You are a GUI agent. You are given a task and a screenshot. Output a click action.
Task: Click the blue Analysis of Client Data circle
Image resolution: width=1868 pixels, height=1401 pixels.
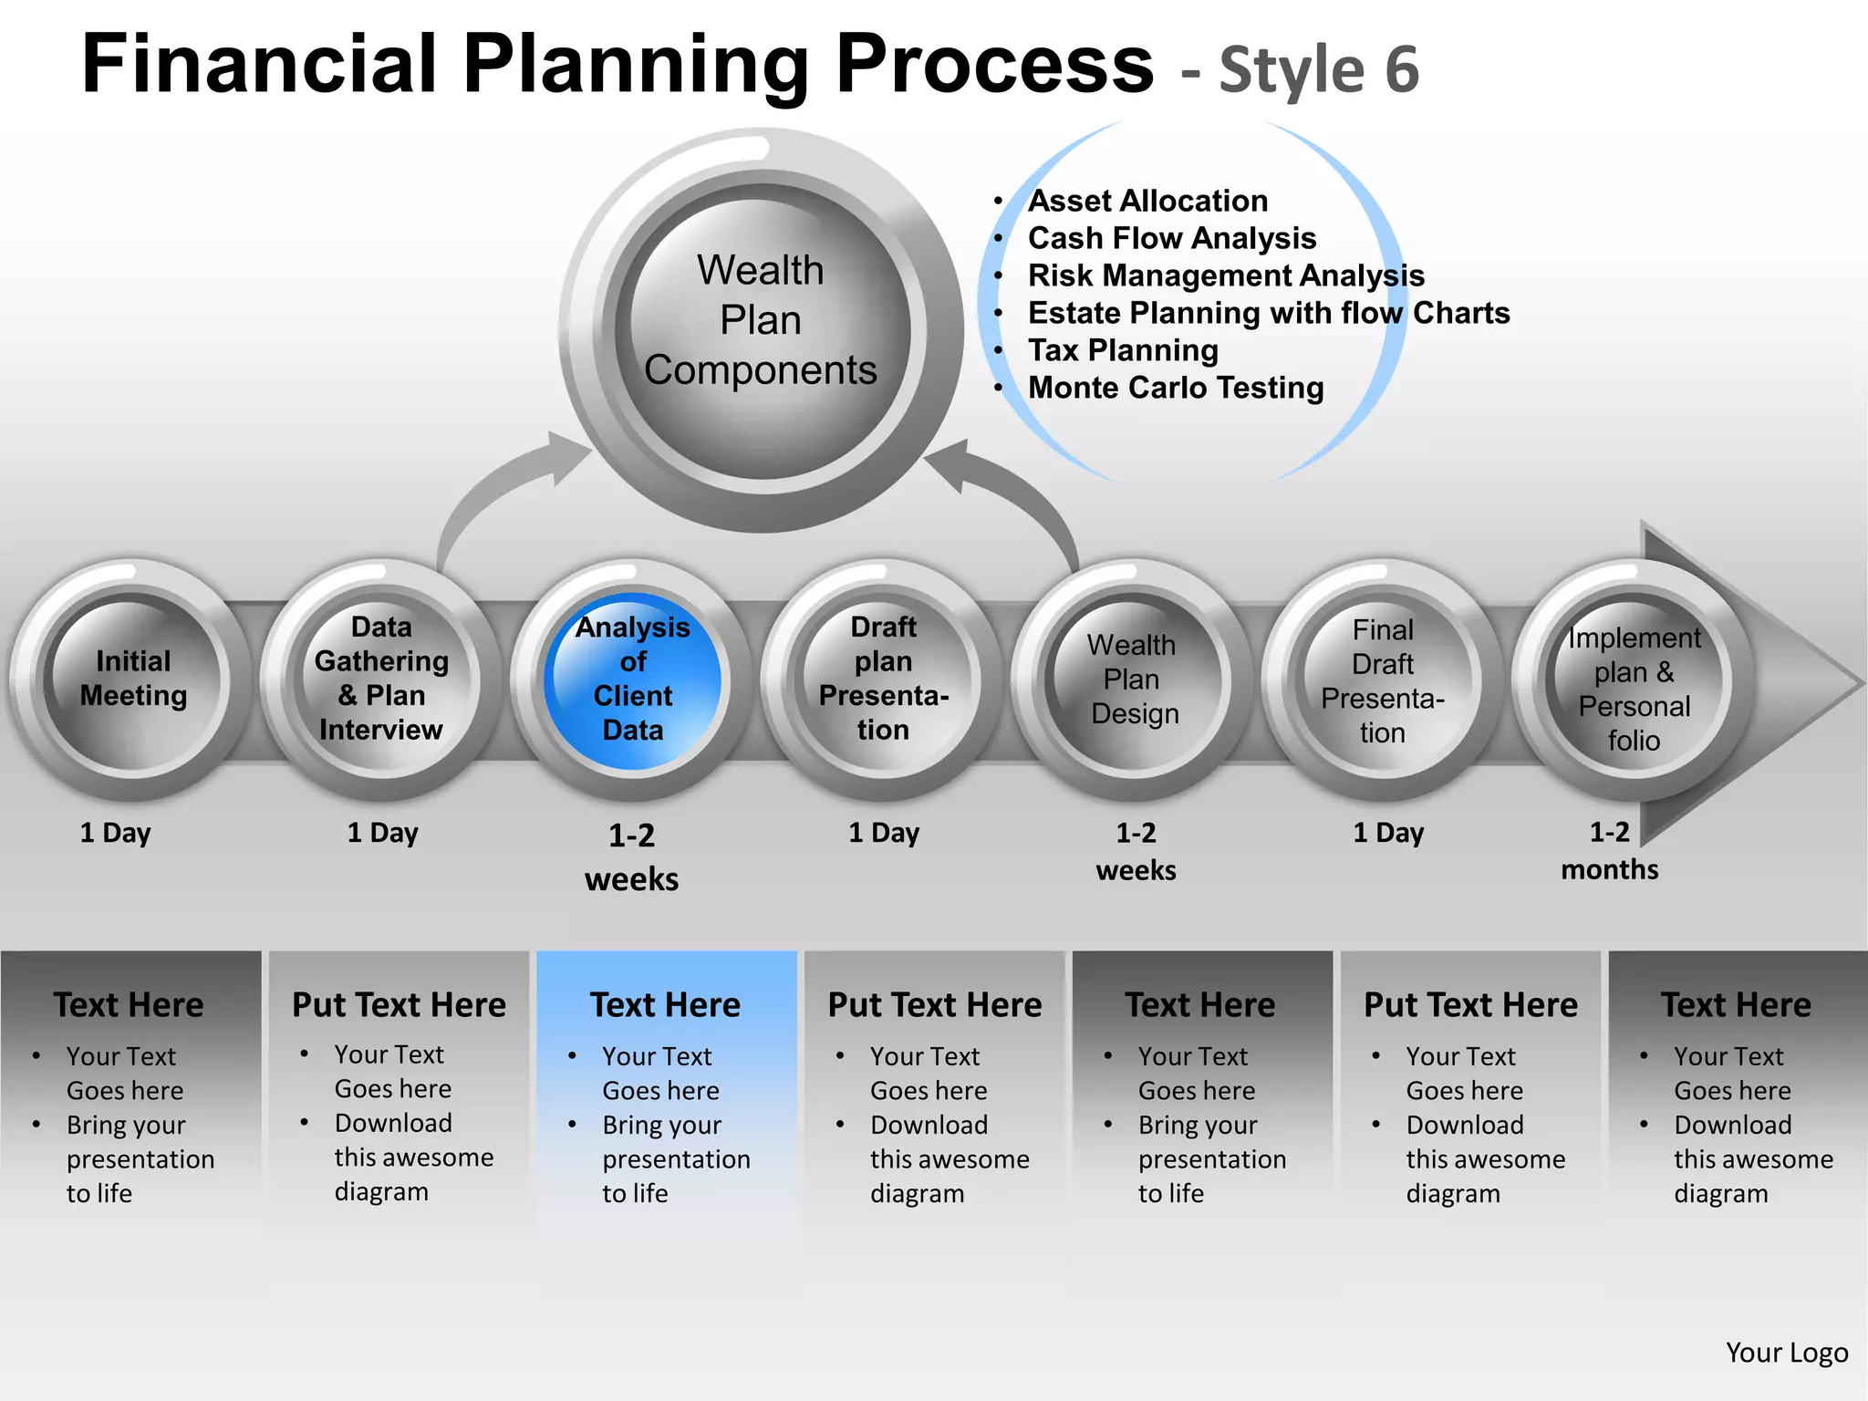click(632, 680)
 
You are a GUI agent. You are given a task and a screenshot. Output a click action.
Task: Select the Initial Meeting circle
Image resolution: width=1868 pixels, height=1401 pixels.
click(133, 680)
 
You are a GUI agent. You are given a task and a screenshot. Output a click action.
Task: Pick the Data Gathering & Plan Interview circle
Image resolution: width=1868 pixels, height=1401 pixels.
click(382, 680)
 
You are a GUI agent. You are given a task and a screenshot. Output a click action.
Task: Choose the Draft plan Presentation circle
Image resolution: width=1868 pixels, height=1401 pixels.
click(883, 680)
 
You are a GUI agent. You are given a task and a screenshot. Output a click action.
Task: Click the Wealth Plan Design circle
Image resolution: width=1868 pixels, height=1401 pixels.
click(1133, 680)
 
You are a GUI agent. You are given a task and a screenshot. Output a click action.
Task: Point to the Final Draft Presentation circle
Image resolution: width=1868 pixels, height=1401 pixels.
click(1383, 681)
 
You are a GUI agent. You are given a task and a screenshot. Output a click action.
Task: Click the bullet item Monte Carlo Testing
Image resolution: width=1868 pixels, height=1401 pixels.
click(1175, 388)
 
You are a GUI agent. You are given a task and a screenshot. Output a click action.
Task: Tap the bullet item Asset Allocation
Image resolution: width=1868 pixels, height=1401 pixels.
click(1147, 201)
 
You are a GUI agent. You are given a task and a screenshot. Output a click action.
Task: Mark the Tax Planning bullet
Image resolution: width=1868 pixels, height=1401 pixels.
click(1123, 350)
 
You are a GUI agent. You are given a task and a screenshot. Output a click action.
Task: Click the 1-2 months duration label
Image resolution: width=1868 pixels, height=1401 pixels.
click(1609, 850)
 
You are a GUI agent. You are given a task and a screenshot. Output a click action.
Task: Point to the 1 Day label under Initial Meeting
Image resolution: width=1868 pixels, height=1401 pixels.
click(115, 833)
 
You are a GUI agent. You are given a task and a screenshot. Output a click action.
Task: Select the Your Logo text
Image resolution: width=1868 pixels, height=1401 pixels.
click(1786, 1352)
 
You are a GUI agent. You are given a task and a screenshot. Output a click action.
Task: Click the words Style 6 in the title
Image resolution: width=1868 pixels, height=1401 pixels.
click(1319, 69)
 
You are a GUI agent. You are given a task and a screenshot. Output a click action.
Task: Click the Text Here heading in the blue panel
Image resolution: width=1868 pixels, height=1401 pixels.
click(665, 1004)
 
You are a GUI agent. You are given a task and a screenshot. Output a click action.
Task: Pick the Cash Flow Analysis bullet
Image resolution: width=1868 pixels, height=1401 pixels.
click(1171, 238)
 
